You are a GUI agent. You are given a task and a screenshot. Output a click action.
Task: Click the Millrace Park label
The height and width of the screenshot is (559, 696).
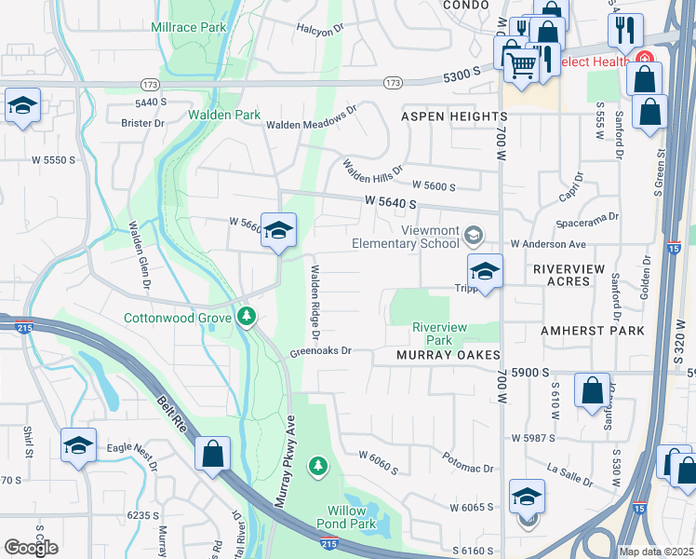tap(189, 28)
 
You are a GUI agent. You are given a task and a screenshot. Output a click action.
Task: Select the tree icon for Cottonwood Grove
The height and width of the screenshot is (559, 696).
tap(247, 317)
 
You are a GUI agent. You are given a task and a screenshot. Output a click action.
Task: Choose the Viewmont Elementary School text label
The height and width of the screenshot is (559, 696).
tap(406, 237)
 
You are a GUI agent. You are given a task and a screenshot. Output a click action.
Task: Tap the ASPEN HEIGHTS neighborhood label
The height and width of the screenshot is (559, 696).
tap(454, 116)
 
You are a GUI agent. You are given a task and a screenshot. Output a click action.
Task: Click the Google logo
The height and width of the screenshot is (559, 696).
tap(31, 548)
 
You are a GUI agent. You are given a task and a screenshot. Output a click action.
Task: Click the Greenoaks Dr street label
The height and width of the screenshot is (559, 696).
tap(319, 351)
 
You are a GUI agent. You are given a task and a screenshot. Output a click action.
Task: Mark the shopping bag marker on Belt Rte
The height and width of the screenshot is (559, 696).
tap(213, 455)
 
